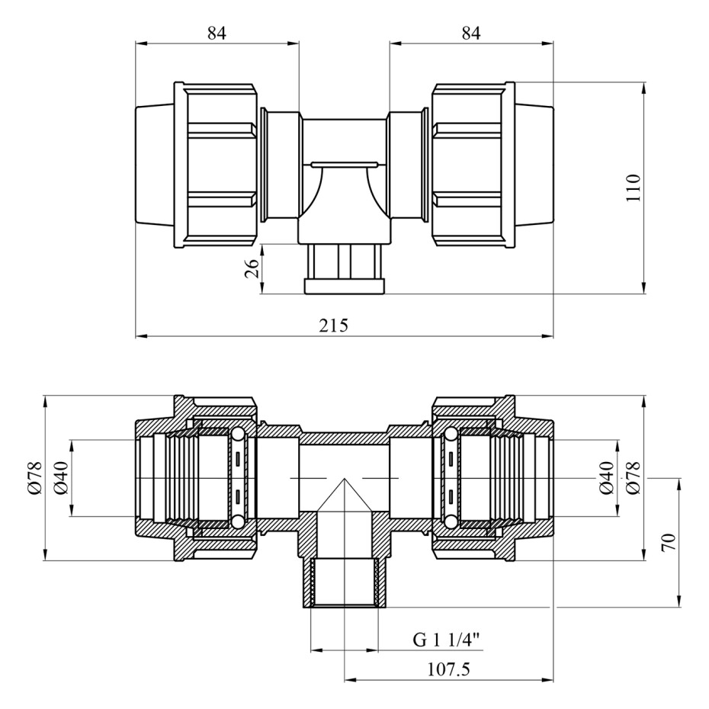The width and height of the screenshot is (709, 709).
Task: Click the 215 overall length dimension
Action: pos(334,325)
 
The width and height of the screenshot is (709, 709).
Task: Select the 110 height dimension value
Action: pos(634,188)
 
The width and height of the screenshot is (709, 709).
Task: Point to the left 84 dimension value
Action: pos(217,33)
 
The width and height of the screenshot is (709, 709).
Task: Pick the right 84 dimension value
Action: pos(471,33)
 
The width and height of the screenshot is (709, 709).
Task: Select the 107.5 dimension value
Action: pos(448,669)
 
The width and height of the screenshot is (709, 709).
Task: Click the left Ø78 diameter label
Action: pos(35,478)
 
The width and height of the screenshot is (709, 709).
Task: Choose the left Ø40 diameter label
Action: pos(60,478)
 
